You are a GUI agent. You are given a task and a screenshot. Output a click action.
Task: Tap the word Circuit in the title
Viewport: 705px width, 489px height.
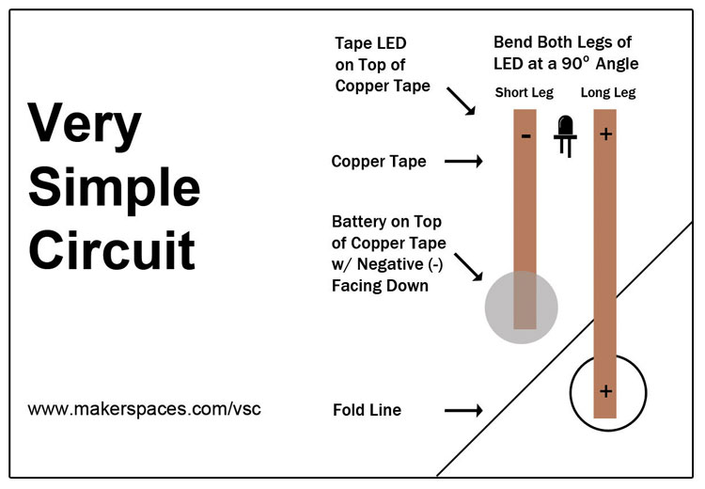pyautogui.click(x=111, y=250)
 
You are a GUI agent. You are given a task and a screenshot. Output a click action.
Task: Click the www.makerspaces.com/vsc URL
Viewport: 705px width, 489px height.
pyautogui.click(x=144, y=409)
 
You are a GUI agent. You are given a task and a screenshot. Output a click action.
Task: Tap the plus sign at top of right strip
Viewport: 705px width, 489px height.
pyautogui.click(x=605, y=134)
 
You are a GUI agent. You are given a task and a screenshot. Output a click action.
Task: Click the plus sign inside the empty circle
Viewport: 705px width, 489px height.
pyautogui.click(x=605, y=390)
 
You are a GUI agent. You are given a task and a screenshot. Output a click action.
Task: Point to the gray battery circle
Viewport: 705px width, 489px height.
pyautogui.click(x=521, y=308)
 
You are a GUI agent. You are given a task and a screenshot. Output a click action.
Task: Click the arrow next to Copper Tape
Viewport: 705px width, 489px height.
pyautogui.click(x=462, y=162)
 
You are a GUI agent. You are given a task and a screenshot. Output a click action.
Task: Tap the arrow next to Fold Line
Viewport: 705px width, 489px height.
pyautogui.click(x=462, y=410)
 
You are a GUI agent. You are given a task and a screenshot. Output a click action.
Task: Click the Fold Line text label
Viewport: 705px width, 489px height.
pyautogui.click(x=367, y=410)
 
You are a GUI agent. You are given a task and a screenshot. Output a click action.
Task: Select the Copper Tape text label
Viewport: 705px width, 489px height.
pyautogui.click(x=378, y=162)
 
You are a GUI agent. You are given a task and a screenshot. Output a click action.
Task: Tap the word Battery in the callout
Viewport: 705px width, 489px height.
pyautogui.click(x=359, y=222)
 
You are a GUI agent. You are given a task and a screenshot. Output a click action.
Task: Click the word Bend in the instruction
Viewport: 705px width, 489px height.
pyautogui.click(x=513, y=43)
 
